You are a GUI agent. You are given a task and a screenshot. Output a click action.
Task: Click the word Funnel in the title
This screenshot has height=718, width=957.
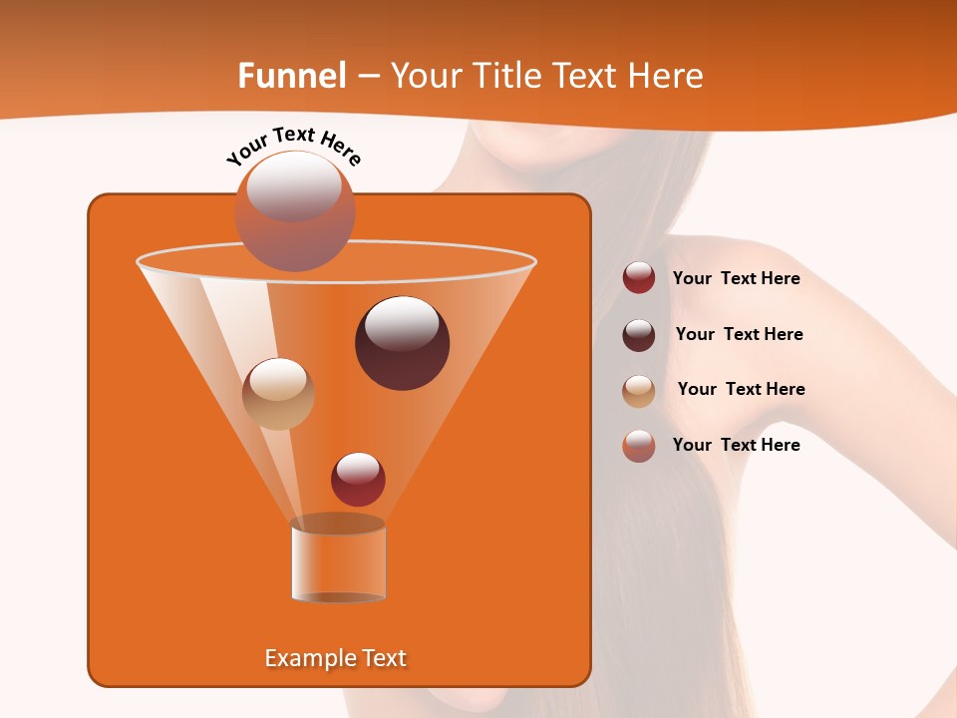[292, 76]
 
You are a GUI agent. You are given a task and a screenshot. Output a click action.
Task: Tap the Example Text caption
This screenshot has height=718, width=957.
[335, 658]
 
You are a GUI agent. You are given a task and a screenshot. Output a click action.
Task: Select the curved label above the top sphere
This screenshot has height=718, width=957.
[294, 146]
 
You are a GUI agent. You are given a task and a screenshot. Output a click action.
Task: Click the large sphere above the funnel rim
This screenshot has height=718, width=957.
[294, 211]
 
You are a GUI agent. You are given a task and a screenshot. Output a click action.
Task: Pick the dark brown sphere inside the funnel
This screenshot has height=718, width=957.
[402, 343]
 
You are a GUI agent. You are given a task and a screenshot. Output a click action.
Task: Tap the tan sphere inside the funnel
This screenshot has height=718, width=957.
[278, 393]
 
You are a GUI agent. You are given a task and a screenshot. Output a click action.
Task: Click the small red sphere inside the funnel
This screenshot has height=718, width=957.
[358, 479]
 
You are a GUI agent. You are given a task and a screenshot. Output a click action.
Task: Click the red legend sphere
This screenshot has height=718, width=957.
[639, 278]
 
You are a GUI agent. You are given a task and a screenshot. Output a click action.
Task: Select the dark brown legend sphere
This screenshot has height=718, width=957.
[639, 334]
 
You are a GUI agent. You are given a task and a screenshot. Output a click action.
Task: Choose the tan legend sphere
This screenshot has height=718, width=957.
[639, 390]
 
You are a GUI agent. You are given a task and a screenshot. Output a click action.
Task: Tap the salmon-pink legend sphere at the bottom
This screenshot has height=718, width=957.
[639, 446]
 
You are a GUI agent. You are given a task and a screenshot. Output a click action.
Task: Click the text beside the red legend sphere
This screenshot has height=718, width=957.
[736, 279]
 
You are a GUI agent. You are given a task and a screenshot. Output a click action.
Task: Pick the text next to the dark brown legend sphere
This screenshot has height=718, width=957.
[739, 335]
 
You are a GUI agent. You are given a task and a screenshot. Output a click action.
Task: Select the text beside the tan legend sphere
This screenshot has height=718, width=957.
[741, 390]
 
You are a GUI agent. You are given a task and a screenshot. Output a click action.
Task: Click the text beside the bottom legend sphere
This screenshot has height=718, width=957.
[736, 446]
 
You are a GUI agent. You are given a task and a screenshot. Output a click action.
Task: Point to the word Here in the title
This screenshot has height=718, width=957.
[665, 76]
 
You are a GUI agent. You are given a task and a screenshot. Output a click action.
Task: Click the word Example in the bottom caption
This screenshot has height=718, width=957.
[307, 658]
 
